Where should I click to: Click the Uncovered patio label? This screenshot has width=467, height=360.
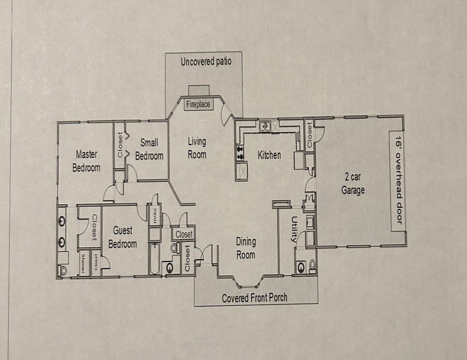206,62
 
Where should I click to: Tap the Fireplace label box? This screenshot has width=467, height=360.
198,104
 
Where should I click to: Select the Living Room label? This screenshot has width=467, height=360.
197,148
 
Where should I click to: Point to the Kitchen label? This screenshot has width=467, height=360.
269,155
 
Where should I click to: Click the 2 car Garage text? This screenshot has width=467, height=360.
353,184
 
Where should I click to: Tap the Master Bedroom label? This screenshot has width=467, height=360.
86,161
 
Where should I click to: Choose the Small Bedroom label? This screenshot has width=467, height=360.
149,149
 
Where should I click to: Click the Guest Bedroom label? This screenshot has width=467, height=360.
122,237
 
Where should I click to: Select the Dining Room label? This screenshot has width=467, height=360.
245,248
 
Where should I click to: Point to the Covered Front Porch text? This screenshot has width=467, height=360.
254,298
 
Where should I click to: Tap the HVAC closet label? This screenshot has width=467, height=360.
155,216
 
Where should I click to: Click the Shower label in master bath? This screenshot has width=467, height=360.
83,263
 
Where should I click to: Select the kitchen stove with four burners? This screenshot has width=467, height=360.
240,152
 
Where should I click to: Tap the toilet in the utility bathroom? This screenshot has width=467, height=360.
312,266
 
